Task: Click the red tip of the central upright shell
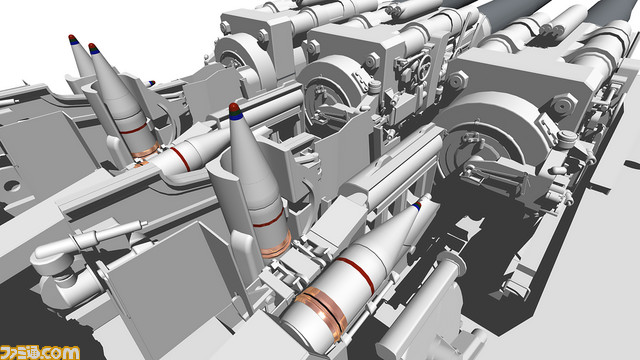(234, 107)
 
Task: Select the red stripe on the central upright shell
(269, 218)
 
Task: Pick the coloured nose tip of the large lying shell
(417, 205)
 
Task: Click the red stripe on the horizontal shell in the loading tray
(180, 158)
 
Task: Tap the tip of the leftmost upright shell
(73, 39)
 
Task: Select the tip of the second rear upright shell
(93, 48)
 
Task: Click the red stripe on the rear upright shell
(134, 129)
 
